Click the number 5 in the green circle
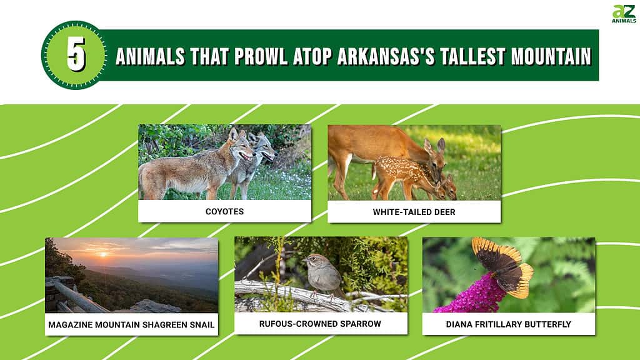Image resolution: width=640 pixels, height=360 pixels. [x=76, y=55]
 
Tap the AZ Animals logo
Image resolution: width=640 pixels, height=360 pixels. [x=624, y=14]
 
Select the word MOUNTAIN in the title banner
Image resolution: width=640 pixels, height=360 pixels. [x=551, y=56]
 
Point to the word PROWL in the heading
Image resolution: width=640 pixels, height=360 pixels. [x=261, y=56]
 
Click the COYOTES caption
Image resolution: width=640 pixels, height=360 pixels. [x=224, y=211]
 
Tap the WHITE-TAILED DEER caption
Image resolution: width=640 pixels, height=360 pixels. [x=414, y=212]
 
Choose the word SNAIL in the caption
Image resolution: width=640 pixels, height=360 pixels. [x=202, y=325]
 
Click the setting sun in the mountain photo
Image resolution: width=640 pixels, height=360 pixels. [x=103, y=254]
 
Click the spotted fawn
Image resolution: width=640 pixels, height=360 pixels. [x=408, y=177]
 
